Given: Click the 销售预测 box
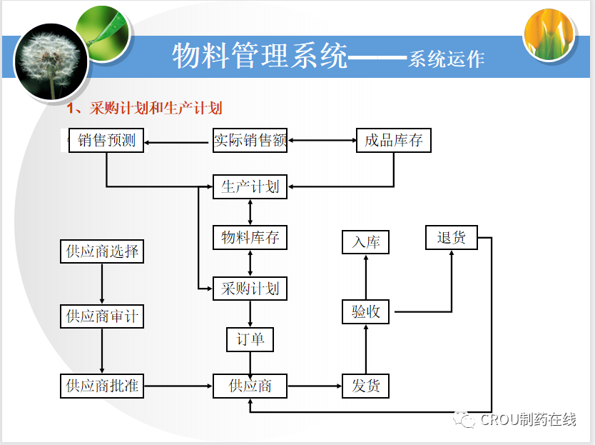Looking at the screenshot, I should coord(106,141).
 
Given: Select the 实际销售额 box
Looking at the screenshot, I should coord(250,141).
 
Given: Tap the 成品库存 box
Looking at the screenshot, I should coord(394,141).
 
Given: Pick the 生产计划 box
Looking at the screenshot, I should coord(250,187).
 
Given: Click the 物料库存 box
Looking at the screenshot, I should coord(250,238).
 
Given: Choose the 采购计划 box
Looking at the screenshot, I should coord(250,289).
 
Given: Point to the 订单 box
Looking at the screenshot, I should coord(250,339).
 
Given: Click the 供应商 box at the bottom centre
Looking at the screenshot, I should coord(250,386).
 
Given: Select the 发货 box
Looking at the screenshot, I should coord(366,386).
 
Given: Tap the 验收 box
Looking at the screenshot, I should coord(366,312).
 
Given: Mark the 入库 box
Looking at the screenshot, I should coord(366,242).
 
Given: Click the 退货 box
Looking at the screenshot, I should coord(452,238).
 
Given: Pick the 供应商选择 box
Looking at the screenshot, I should coord(102,251).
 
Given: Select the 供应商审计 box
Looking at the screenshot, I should coord(102,316).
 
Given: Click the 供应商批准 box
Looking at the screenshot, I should coord(102,386).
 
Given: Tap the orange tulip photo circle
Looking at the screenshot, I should coord(549,34).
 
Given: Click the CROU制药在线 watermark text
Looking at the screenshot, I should coord(527,419).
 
